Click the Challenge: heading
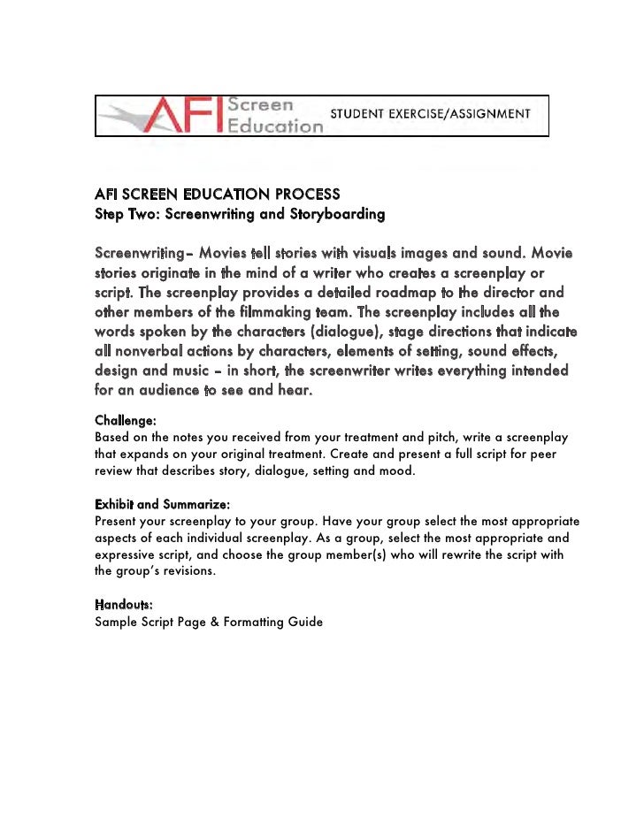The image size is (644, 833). coord(126,422)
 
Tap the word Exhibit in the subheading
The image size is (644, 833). coord(113,504)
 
